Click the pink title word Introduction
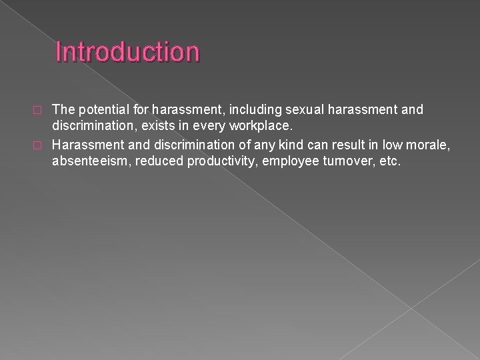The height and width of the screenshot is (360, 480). (x=127, y=51)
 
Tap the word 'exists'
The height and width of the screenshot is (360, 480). (x=149, y=125)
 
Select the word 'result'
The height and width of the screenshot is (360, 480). (x=335, y=144)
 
